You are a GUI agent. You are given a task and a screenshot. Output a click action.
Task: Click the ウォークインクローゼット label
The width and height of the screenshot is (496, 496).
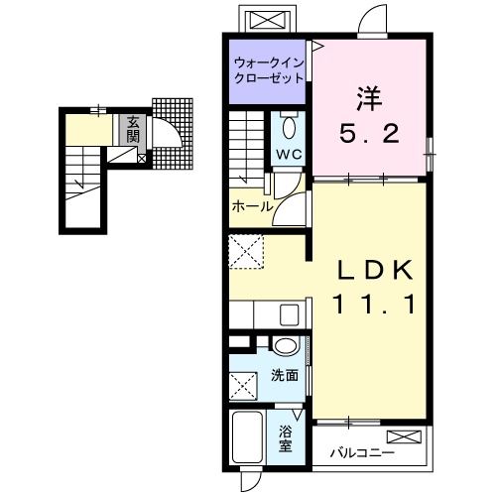point(269,71)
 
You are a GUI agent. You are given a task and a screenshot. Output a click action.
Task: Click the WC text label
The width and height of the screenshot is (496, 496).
point(290,154)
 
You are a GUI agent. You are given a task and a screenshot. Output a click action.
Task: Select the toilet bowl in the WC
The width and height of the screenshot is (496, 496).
point(289,128)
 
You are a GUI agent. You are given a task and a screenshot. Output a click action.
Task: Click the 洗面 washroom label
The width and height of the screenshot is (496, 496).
point(286,376)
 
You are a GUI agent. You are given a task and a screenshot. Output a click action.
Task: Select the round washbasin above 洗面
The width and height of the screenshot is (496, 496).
point(286,346)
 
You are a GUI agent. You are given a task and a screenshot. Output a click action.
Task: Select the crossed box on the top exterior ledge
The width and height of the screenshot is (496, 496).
point(267,21)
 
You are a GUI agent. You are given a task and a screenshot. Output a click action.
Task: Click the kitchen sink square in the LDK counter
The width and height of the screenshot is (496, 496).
point(289,314)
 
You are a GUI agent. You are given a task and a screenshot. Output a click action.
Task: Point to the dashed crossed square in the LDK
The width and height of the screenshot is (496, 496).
point(244,252)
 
